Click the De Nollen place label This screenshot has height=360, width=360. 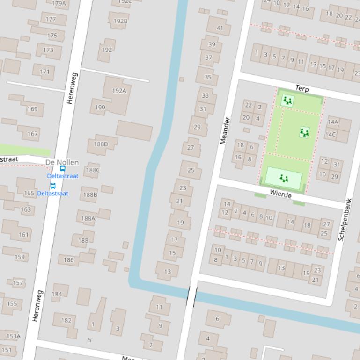tap(62, 162)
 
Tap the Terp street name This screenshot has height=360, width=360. tap(302, 88)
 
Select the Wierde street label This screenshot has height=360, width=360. tap(280, 194)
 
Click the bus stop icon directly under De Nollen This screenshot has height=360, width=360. tap(62, 169)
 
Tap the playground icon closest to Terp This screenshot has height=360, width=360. tap(287, 101)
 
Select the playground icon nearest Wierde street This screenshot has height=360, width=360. tap(284, 179)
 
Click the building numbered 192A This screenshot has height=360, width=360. tap(119, 91)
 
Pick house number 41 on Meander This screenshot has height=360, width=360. tap(220, 28)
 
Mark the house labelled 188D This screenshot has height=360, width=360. tap(101, 144)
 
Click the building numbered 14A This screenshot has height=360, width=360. tap(333, 122)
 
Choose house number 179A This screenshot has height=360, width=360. tap(59, 3)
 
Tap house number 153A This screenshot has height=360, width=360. tap(13, 336)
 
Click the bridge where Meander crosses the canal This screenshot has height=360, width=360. tap(191, 295)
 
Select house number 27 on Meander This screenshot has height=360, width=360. tap(191, 147)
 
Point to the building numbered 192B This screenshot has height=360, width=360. tap(120, 21)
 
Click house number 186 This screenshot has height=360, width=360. tap(69, 259)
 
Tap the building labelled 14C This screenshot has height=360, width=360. tap(331, 135)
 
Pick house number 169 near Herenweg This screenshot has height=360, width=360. tap(32, 109)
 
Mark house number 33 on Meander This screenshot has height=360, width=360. tap(206, 95)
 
